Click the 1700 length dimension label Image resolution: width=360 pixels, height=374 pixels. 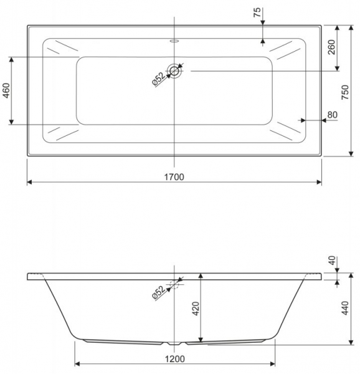pos(174,177)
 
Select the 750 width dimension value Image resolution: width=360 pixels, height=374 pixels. pos(345,92)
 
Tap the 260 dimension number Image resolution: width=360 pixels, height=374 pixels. pos(331,47)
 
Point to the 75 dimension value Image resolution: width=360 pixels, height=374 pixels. pos(257,12)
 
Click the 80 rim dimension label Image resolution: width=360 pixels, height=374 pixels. pos(333,115)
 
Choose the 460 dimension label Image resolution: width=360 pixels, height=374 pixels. pos(6,90)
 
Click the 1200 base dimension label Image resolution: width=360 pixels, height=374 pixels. pos(175,359)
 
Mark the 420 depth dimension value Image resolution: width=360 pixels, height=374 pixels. pos(196,309)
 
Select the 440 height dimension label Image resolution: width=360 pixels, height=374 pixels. pos(345,308)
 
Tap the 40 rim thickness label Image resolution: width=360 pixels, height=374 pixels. pos(332,261)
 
